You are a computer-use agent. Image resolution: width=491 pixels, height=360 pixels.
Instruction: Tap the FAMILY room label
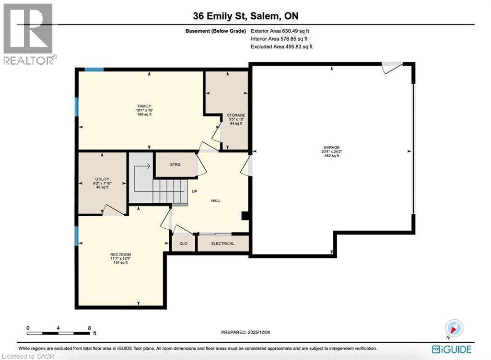(144, 106)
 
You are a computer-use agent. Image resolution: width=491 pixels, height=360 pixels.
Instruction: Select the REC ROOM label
(120, 255)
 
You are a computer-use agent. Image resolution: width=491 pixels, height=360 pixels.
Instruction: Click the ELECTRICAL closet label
(223, 244)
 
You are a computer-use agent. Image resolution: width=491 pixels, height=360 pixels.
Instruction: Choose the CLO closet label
(183, 244)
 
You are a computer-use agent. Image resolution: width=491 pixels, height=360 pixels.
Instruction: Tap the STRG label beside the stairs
(175, 165)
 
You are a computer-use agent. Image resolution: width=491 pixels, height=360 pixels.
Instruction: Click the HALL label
(215, 200)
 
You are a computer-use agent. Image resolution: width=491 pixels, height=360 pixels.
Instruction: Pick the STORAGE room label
(235, 115)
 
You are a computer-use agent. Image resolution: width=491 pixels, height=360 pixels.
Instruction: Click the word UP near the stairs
(195, 191)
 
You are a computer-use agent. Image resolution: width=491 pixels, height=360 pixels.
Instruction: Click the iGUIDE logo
(451, 349)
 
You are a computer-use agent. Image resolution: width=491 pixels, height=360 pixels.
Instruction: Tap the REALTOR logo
(28, 34)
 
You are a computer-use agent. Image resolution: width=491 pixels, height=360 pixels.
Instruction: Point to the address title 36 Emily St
(245, 16)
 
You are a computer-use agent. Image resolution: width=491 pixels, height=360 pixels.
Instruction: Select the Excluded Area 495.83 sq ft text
(282, 46)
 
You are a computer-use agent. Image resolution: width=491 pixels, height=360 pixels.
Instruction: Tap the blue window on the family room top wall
(94, 70)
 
